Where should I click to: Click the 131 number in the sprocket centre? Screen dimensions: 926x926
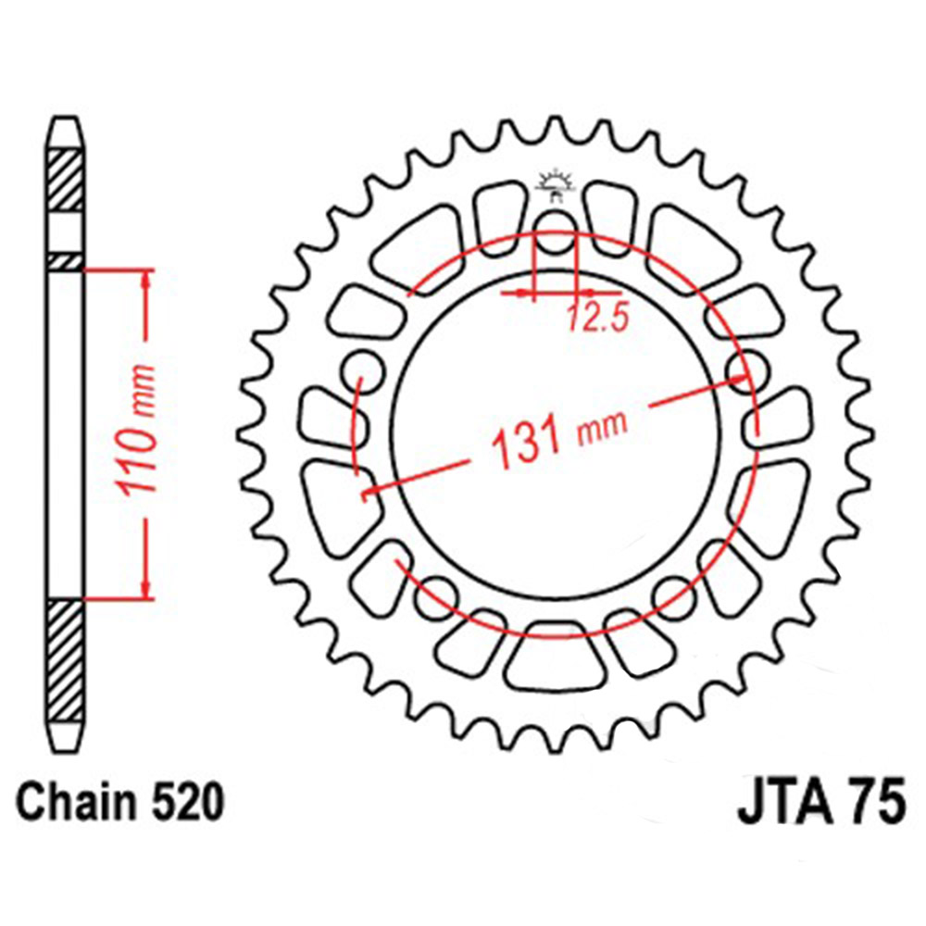tap(523, 444)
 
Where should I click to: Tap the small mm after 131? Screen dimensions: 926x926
tap(601, 425)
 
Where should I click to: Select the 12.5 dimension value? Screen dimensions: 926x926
tap(597, 318)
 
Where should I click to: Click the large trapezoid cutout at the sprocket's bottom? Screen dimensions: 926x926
tap(554, 658)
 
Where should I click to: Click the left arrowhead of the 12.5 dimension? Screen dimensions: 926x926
tap(529, 294)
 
